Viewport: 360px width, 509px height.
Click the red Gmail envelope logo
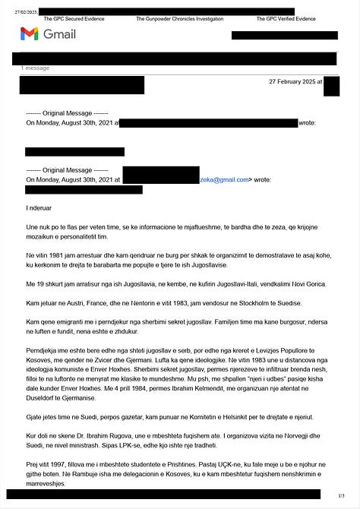tap(30, 33)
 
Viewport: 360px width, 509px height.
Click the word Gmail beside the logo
tap(60, 34)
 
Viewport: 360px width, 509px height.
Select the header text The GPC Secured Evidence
tap(74, 17)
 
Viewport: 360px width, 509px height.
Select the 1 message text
tap(35, 68)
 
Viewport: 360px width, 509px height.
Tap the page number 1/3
tap(342, 496)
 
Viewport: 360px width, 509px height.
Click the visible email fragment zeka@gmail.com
tap(224, 180)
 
